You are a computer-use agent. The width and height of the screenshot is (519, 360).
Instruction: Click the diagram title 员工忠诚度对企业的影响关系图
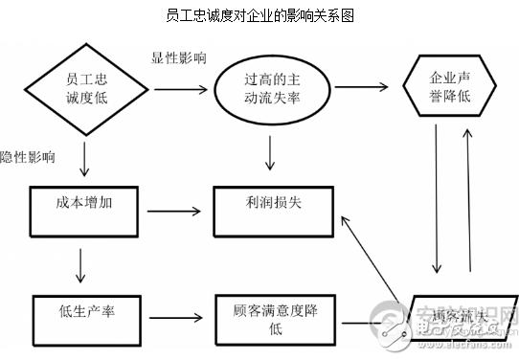[x=259, y=15]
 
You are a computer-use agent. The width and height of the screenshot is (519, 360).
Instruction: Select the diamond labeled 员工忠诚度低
[x=86, y=86]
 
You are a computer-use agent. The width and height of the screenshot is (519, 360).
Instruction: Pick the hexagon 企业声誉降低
[x=451, y=85]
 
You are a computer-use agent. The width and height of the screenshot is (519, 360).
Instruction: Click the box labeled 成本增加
[x=85, y=205]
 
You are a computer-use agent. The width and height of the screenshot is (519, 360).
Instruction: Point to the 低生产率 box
[x=86, y=311]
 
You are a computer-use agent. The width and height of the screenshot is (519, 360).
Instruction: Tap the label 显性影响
[x=177, y=57]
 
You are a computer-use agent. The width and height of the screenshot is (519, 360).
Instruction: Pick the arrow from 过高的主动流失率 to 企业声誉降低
[x=358, y=87]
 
